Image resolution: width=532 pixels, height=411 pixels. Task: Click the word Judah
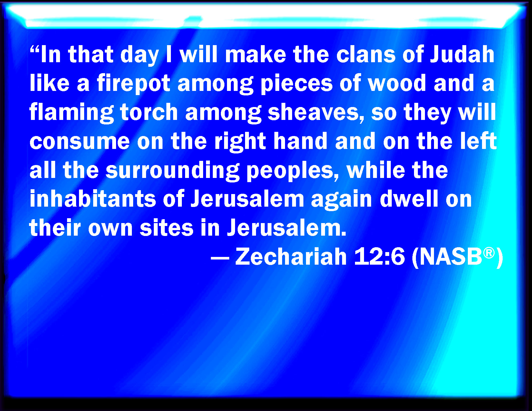[462, 54]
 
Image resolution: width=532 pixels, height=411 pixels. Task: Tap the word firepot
[133, 83]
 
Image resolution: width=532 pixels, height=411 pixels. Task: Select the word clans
[366, 54]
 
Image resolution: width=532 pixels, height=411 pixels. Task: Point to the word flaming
[72, 113]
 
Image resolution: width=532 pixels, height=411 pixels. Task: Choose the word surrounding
[172, 171]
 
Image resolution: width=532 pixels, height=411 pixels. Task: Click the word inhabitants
[93, 199]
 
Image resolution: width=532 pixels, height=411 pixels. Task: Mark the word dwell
[409, 199]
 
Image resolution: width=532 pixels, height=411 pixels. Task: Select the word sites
[166, 228]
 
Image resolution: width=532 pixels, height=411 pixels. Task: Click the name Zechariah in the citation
[291, 257]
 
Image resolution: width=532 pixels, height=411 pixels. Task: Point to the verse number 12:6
[379, 257]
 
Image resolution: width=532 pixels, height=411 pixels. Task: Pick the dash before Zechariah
[220, 258]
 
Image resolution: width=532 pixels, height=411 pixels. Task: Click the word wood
[397, 83]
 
